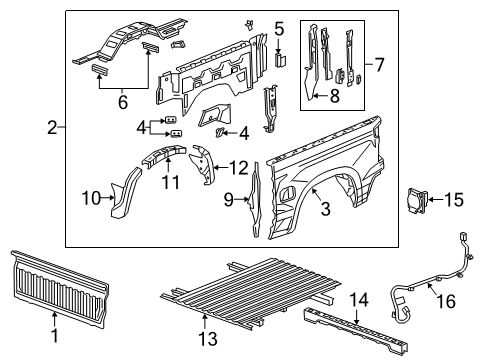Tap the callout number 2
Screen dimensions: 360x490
[x=51, y=127]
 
